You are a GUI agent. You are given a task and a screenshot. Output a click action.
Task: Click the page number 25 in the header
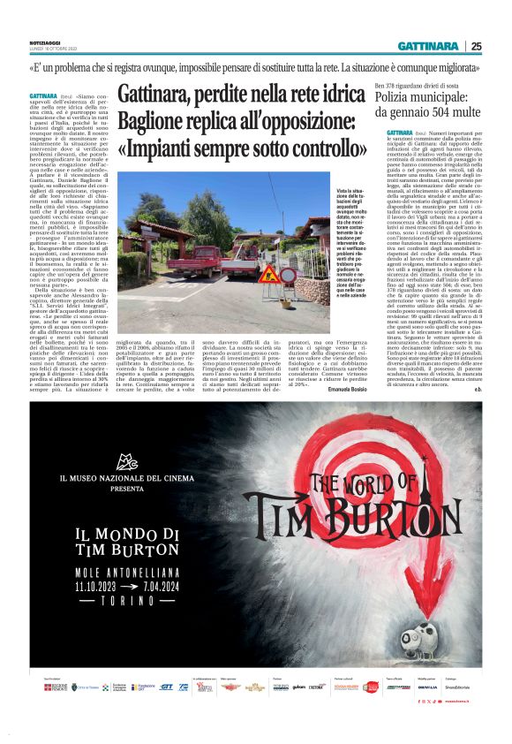[476, 46]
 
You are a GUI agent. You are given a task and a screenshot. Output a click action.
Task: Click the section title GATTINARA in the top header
[427, 46]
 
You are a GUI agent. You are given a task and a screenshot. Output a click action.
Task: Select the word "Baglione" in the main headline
[157, 122]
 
